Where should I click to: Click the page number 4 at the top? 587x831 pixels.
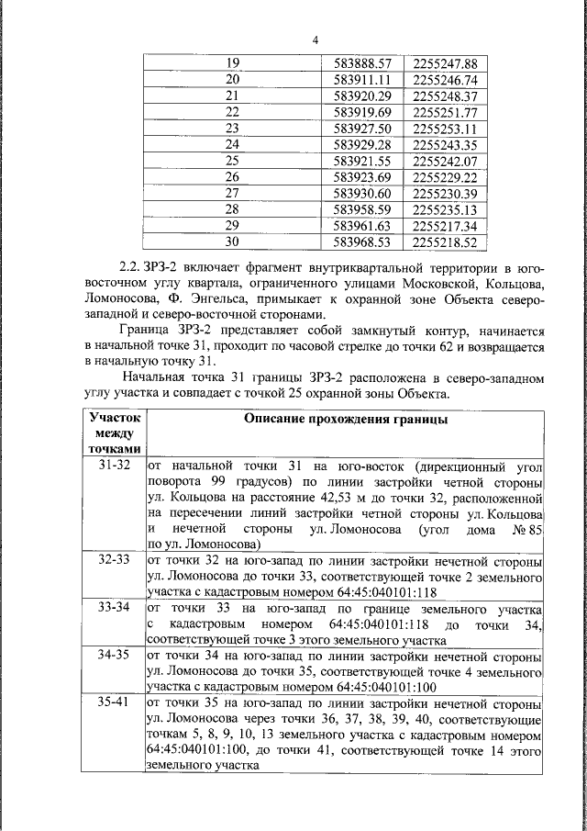[315, 39]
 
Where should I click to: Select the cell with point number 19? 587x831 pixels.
[232, 63]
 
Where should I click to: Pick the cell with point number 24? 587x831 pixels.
[232, 144]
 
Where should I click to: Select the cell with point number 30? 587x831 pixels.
[232, 241]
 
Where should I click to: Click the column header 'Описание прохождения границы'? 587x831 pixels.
[345, 419]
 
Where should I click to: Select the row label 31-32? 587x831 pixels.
[114, 466]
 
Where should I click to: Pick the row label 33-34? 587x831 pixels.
[114, 607]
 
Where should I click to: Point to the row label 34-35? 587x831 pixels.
[114, 656]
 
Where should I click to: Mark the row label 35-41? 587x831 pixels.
[114, 702]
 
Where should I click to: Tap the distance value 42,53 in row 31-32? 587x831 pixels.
[326, 499]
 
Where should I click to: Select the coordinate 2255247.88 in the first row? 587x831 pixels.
[446, 63]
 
